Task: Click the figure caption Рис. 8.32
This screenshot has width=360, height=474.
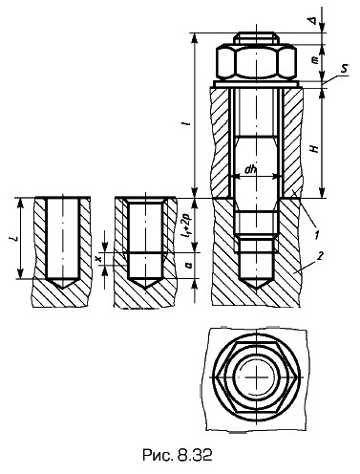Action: [177, 456]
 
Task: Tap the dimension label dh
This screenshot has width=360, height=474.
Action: [250, 170]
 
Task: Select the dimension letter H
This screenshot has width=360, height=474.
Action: [315, 147]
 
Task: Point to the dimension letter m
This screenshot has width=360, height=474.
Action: [315, 60]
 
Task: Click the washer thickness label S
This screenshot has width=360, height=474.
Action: [344, 69]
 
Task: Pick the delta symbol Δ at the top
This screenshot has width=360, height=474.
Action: [313, 20]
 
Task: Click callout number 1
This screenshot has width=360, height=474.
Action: [316, 235]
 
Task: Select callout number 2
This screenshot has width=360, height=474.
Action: [321, 255]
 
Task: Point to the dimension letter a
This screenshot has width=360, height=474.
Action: [189, 265]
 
